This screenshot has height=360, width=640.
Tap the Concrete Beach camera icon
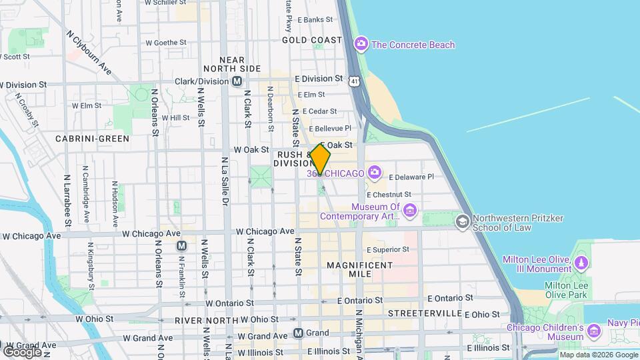(361, 45)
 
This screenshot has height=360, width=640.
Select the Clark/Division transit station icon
(237, 81)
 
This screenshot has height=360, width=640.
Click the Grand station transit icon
(299, 332)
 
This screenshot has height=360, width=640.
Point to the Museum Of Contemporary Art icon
(410, 211)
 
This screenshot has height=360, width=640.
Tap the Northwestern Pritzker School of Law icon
(461, 220)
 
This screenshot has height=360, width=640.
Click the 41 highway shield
(354, 81)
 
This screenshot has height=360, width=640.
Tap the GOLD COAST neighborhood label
(312, 40)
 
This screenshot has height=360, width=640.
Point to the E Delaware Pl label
(411, 177)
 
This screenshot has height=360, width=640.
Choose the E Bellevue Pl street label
(327, 128)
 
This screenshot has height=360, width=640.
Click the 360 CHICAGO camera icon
(375, 173)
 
